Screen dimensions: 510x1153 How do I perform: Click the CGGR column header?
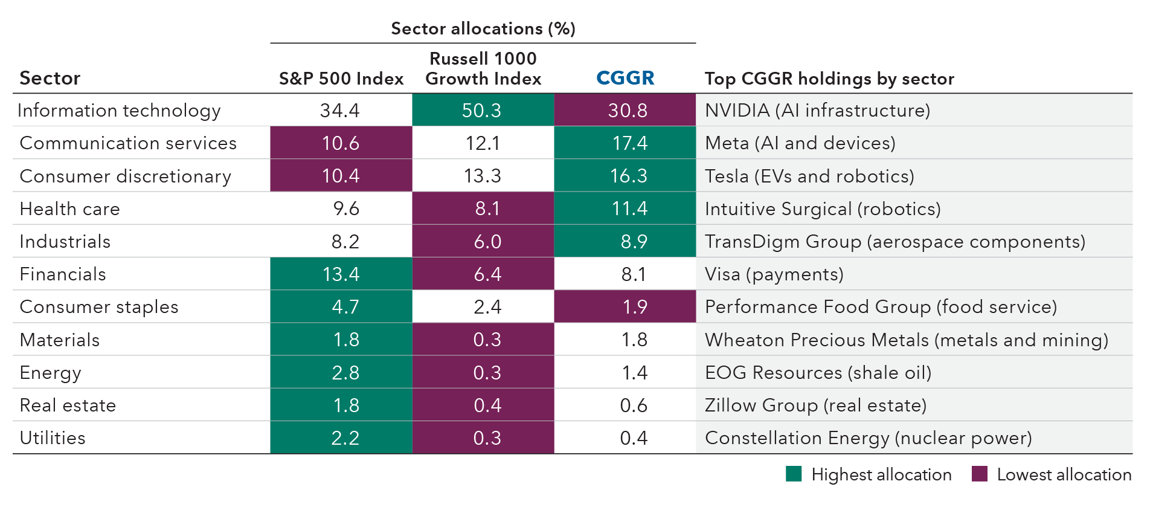(625, 78)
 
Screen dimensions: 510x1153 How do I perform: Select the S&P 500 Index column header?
(341, 79)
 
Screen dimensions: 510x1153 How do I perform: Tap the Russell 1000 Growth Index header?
(483, 68)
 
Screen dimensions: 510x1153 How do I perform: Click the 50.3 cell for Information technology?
(482, 110)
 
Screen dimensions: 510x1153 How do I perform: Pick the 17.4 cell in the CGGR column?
(629, 143)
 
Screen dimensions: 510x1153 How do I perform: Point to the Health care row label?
(69, 208)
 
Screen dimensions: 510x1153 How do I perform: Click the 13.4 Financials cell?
(341, 274)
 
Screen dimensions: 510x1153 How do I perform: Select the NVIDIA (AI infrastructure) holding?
(817, 111)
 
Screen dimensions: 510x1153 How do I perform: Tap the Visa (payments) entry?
(774, 274)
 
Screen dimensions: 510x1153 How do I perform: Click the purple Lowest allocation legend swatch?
(979, 474)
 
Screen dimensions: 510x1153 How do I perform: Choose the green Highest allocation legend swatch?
(794, 474)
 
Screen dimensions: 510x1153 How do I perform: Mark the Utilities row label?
(53, 438)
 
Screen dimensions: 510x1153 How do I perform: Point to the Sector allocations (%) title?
(483, 28)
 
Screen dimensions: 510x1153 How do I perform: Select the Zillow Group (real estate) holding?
(815, 405)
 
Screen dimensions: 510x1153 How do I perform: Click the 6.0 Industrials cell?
(487, 242)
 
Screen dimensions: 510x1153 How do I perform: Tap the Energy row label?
(50, 373)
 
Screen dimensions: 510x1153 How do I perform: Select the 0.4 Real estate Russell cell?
(487, 405)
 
